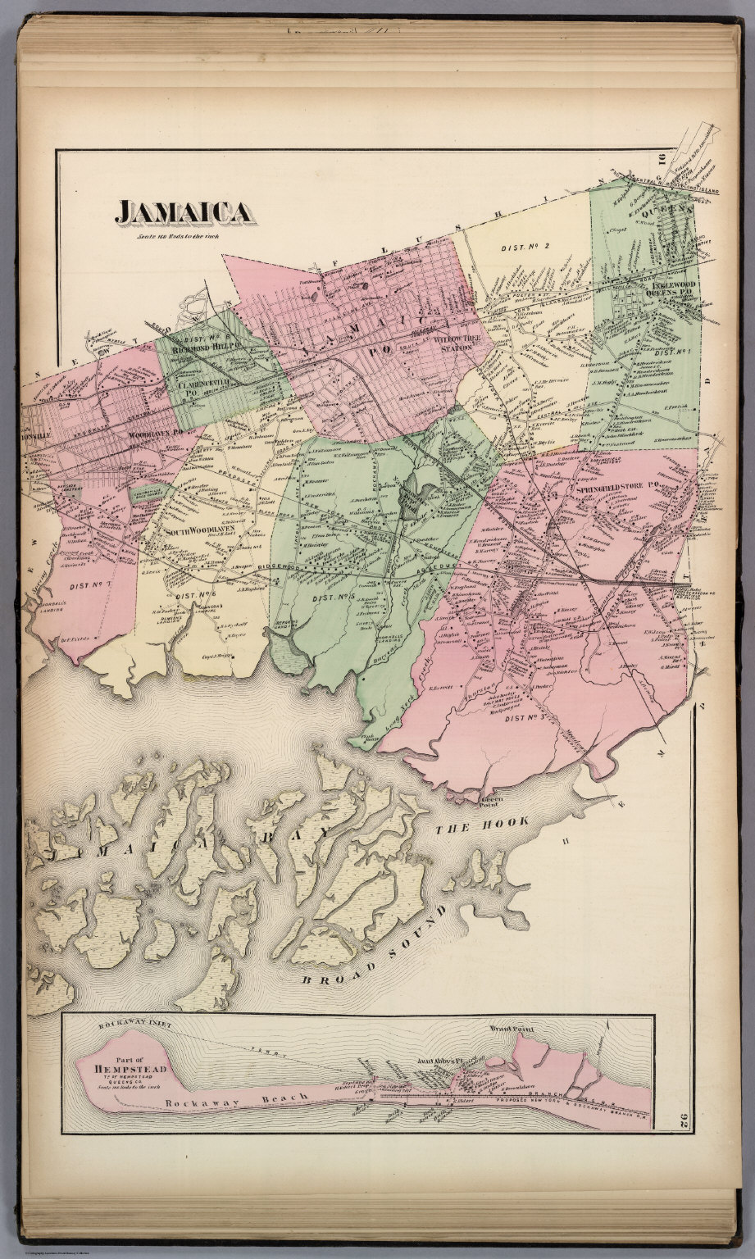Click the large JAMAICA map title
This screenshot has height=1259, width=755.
[184, 212]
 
